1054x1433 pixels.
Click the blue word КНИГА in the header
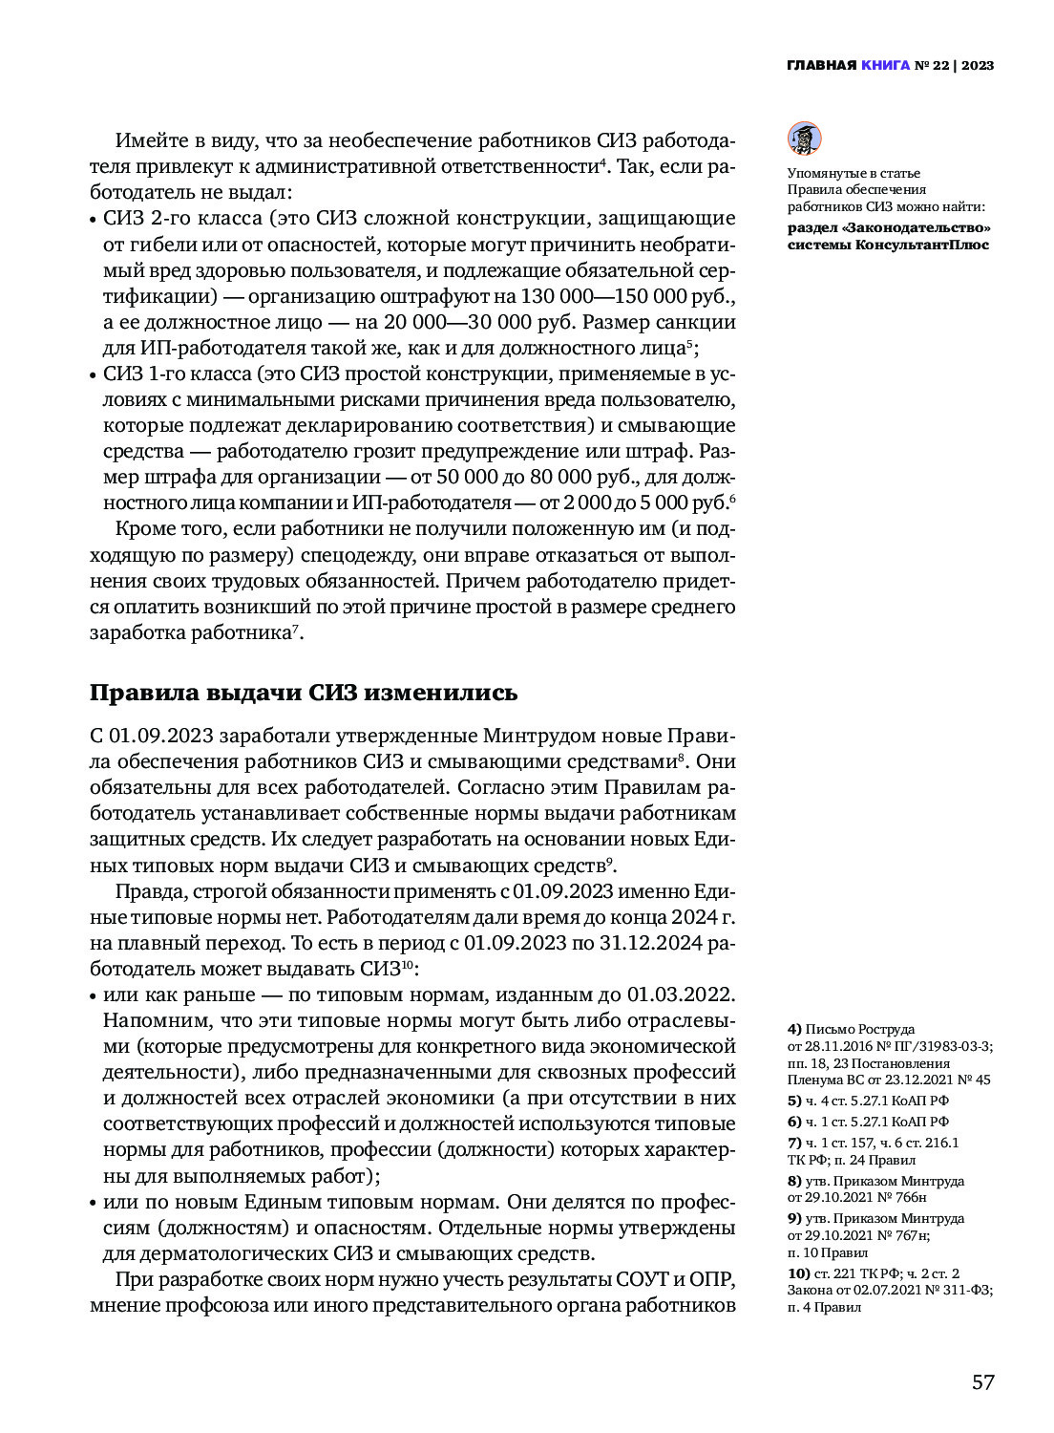(885, 66)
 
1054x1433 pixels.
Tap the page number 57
(982, 1381)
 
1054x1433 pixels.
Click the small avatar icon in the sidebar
(804, 139)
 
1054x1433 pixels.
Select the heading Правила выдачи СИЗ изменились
(303, 693)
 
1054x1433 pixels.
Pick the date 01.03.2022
(679, 995)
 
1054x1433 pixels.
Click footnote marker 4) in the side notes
(794, 1029)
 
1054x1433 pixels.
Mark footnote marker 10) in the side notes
(798, 1273)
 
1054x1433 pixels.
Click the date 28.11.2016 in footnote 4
(841, 1046)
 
